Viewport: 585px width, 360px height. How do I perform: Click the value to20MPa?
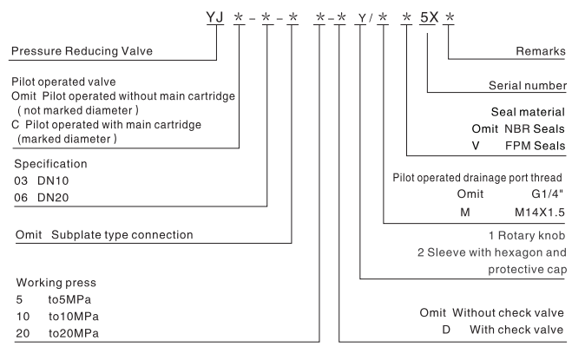68,333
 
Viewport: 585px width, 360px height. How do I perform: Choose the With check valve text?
518,330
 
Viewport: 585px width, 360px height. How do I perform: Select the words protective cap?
528,270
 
